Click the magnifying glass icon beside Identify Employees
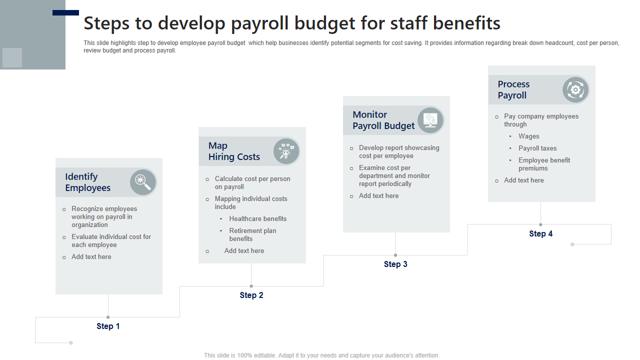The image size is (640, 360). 142,181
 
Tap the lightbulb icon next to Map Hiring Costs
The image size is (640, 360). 286,151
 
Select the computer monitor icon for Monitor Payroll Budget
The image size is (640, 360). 430,120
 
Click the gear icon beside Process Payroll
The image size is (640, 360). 575,89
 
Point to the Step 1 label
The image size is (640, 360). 108,326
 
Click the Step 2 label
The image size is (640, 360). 251,295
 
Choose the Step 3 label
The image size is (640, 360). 395,264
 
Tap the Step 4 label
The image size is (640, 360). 540,233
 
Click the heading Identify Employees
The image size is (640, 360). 87,182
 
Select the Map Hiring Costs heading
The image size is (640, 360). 234,151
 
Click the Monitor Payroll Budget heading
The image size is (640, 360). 383,120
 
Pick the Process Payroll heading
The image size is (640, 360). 513,89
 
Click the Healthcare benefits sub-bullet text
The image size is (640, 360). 257,218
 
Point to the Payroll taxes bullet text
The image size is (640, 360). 537,148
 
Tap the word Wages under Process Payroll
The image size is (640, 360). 529,136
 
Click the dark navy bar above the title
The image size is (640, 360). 65,12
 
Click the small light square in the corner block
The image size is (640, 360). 12,57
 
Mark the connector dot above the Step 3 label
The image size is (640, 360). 395,255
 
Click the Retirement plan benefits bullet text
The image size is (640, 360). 252,234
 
